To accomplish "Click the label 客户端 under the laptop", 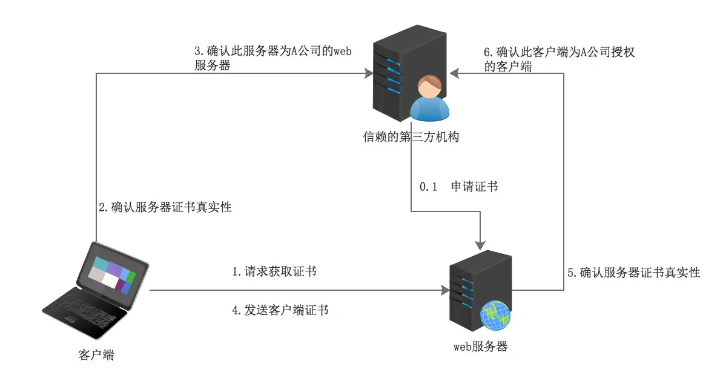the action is (x=96, y=355).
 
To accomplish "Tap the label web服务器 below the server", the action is (x=480, y=346).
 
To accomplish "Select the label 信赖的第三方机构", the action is (x=411, y=136).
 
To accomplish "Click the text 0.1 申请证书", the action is (x=459, y=187).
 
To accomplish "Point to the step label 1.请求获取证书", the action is (x=274, y=271).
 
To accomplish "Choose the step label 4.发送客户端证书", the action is (x=280, y=310).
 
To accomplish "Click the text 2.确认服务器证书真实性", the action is (x=165, y=207).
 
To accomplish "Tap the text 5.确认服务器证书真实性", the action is (x=633, y=273).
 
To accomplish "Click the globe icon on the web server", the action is (x=495, y=316).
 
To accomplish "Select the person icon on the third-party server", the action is (x=429, y=99).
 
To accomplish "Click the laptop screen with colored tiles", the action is (x=111, y=273).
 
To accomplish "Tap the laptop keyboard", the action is (x=85, y=310).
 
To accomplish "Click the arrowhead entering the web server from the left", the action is (x=446, y=290).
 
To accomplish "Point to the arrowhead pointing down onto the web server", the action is (x=481, y=245).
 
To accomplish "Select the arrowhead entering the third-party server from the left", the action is (x=368, y=73).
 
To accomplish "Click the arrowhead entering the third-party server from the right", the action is (x=455, y=73).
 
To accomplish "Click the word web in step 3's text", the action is (x=342, y=51).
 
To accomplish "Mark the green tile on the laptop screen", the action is (x=131, y=278).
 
